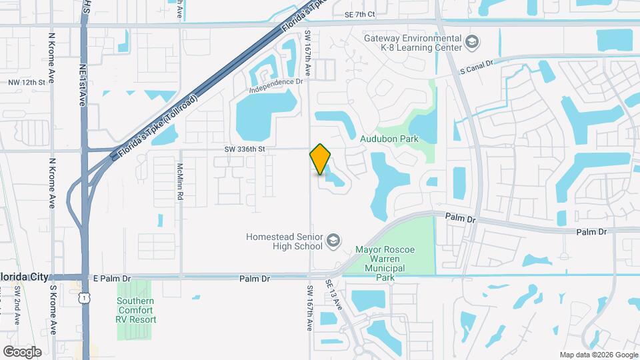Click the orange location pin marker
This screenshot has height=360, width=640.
(321, 159)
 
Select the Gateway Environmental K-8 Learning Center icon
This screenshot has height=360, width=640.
(473, 43)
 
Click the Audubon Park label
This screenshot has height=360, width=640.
(389, 139)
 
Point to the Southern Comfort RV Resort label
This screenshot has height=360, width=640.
(136, 310)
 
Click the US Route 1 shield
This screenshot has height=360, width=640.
(83, 300)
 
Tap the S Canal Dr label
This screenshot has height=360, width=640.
(476, 66)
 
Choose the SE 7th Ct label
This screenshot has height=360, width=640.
(360, 14)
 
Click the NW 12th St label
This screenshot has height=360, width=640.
(27, 82)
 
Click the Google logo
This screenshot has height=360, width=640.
(22, 351)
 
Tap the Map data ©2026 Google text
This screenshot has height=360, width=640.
(598, 355)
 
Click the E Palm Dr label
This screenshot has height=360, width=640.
(113, 277)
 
